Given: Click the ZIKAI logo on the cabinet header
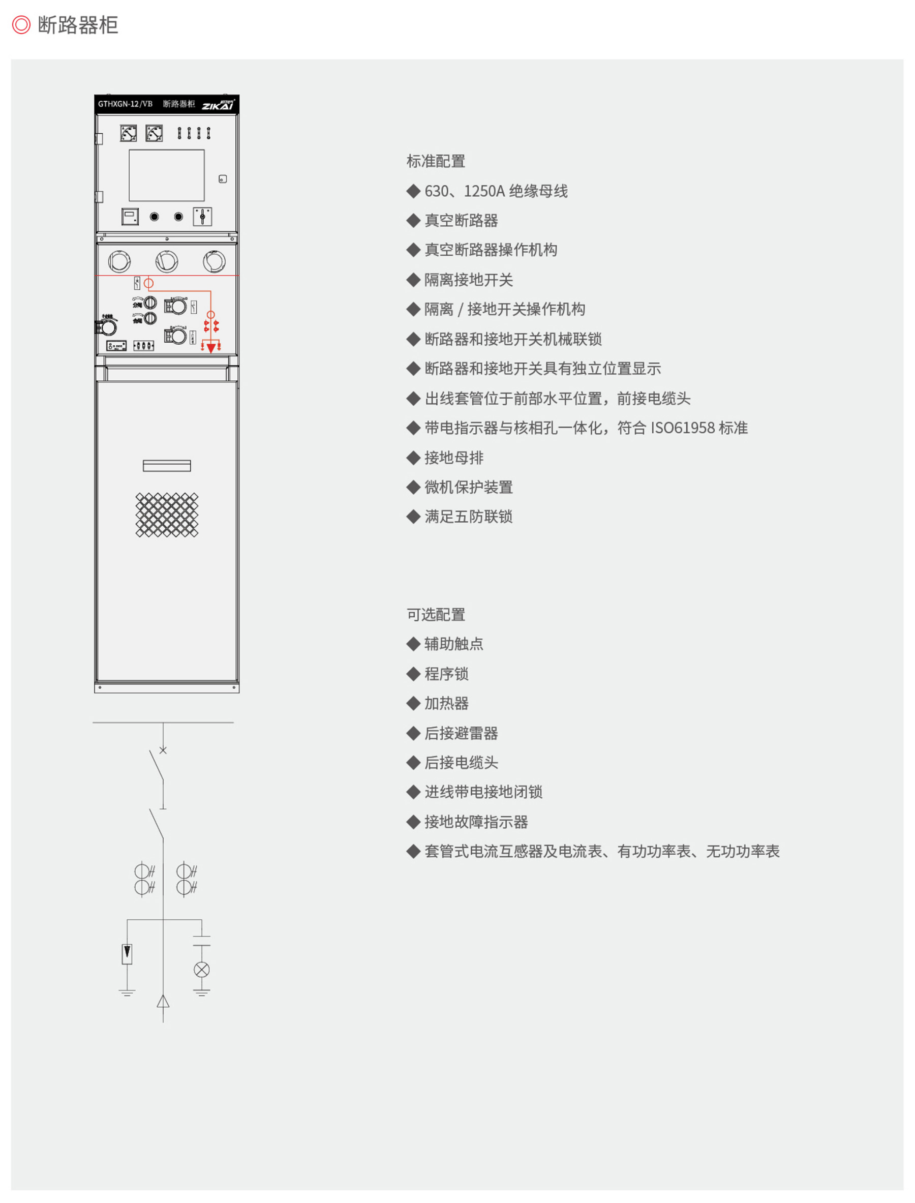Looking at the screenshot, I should tap(219, 105).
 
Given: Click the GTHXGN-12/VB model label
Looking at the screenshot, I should tap(125, 104).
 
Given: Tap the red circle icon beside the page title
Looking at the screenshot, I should tap(21, 25).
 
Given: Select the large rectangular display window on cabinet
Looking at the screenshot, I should tap(167, 175).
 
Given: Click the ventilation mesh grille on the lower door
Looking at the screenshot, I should tap(167, 515).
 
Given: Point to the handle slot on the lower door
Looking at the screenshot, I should tap(167, 465).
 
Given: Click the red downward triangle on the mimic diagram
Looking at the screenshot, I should tap(211, 348).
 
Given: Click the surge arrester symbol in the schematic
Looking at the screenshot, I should tap(127, 953).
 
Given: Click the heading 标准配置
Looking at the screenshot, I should tap(436, 161).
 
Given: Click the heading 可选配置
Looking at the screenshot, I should tap(436, 615).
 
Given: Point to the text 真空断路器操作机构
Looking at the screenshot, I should tap(491, 250).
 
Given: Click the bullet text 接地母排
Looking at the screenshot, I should tap(453, 458).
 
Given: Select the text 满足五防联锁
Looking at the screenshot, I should tap(468, 517).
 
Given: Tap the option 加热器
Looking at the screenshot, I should tap(446, 703).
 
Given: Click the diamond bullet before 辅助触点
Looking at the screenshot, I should tap(413, 644).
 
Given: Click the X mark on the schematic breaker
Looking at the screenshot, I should tap(163, 750).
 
